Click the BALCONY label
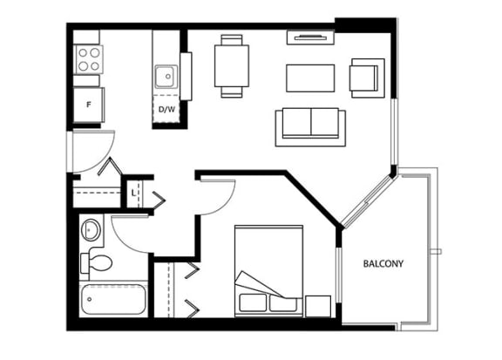pyautogui.click(x=383, y=263)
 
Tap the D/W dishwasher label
pyautogui.click(x=166, y=109)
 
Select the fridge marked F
pyautogui.click(x=89, y=105)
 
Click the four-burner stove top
pyautogui.click(x=89, y=59)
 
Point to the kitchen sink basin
pyautogui.click(x=166, y=77)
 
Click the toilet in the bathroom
pyautogui.click(x=96, y=262)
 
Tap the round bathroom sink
pyautogui.click(x=91, y=229)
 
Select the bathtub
pyautogui.click(x=113, y=299)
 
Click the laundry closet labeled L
pyautogui.click(x=134, y=194)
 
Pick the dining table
pyautogui.click(x=232, y=66)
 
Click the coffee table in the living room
pyautogui.click(x=310, y=78)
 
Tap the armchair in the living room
pyautogui.click(x=368, y=78)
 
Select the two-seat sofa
pyautogui.click(x=310, y=127)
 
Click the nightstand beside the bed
pyautogui.click(x=318, y=306)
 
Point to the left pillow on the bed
pyautogui.click(x=253, y=302)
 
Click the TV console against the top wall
pyautogui.click(x=310, y=37)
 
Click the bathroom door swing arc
pyautogui.click(x=125, y=241)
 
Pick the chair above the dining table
pyautogui.click(x=232, y=40)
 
